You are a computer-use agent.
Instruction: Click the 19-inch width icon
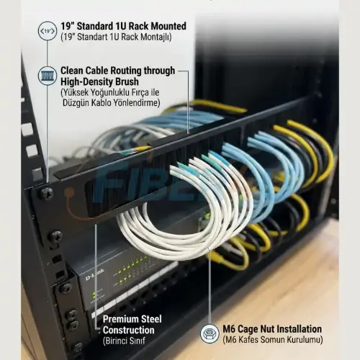pos(48,31)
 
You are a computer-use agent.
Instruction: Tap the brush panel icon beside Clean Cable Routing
pos(48,76)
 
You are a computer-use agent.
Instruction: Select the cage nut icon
pos(210,333)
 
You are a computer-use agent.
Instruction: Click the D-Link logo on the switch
pos(95,274)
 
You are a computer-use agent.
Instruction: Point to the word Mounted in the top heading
pos(168,26)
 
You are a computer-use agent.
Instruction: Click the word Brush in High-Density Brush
pos(127,81)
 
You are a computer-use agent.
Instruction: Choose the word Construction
pos(129,330)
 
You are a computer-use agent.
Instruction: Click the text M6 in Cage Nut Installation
pos(229,329)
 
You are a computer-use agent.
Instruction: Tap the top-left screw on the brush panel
pos(47,194)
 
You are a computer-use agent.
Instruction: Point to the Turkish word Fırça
pos(140,92)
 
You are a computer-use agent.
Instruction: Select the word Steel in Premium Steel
pos(151,319)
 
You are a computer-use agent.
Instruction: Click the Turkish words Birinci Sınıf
pos(124,341)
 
